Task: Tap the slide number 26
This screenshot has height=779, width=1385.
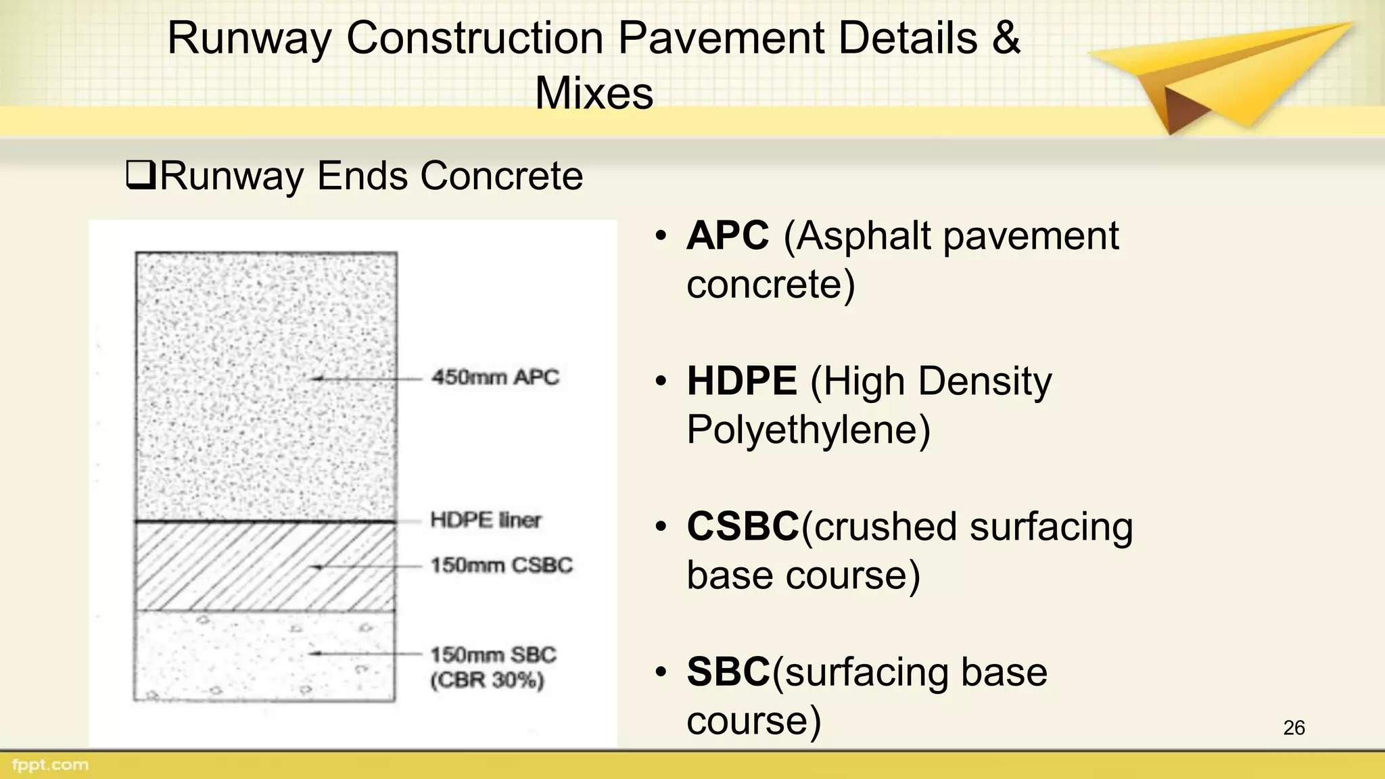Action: (x=1293, y=728)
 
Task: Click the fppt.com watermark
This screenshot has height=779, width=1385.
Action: (x=49, y=765)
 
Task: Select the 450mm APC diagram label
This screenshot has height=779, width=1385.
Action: (x=496, y=377)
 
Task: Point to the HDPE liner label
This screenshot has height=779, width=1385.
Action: (x=486, y=519)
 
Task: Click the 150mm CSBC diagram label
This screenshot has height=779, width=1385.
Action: (x=501, y=565)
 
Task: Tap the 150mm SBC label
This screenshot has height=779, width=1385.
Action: (x=493, y=655)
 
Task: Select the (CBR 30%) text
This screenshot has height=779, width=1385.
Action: (x=487, y=680)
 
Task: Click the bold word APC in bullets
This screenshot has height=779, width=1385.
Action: (x=728, y=236)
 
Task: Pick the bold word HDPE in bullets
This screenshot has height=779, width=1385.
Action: (x=742, y=381)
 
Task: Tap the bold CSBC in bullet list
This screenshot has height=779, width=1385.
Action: (x=743, y=526)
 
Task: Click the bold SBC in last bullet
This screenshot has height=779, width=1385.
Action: (x=728, y=671)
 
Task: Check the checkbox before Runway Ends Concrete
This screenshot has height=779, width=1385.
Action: (x=141, y=176)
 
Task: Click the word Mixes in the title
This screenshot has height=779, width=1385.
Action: (x=594, y=93)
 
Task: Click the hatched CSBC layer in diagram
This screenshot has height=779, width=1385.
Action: (x=264, y=567)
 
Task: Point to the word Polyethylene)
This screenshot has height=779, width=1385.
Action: (x=808, y=429)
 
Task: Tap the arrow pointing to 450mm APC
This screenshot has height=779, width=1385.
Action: (x=365, y=379)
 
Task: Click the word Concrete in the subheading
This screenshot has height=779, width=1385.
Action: (x=501, y=176)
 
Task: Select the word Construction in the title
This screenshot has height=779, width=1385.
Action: (x=475, y=38)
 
